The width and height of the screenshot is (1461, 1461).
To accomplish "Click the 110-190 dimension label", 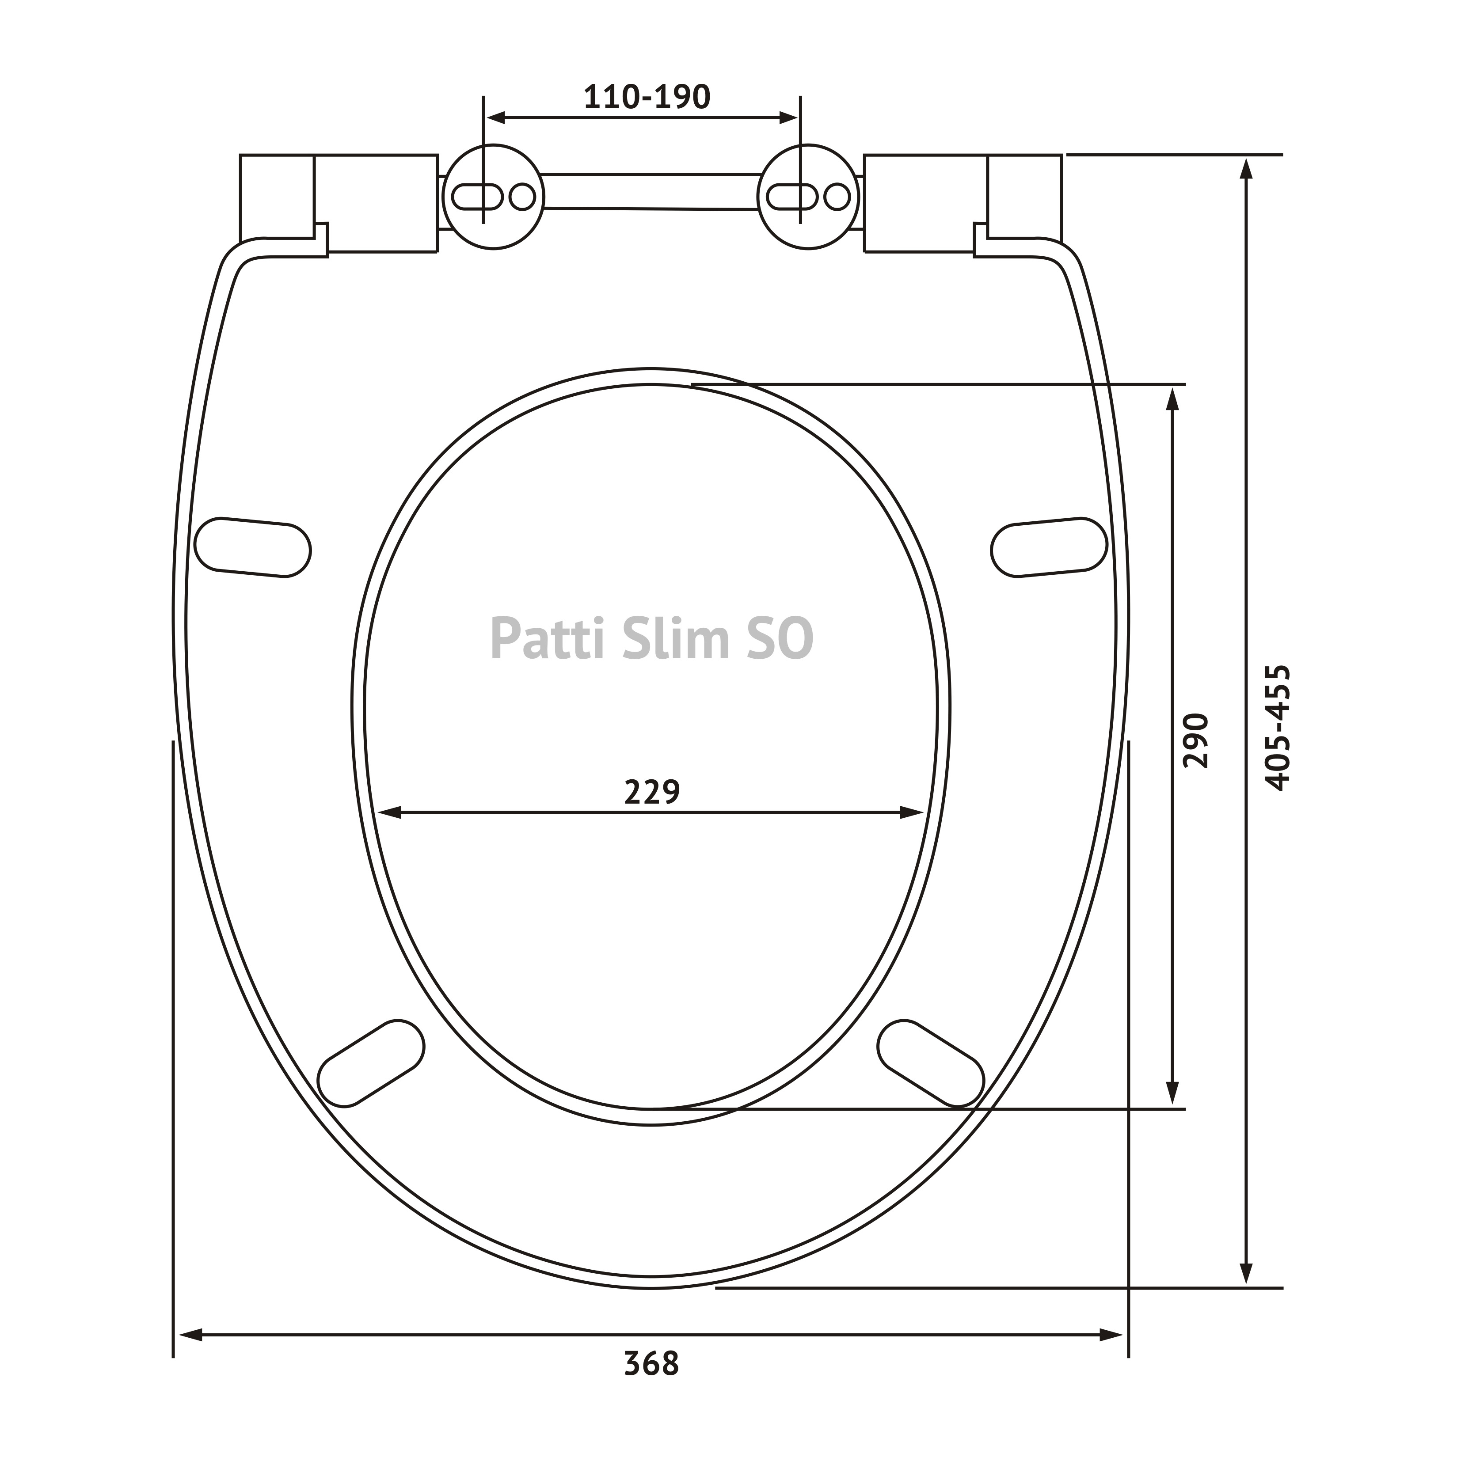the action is (647, 97).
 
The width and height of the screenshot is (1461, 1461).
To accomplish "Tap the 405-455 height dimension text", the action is (1278, 728).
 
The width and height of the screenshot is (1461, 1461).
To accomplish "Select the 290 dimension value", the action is (1196, 740).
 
